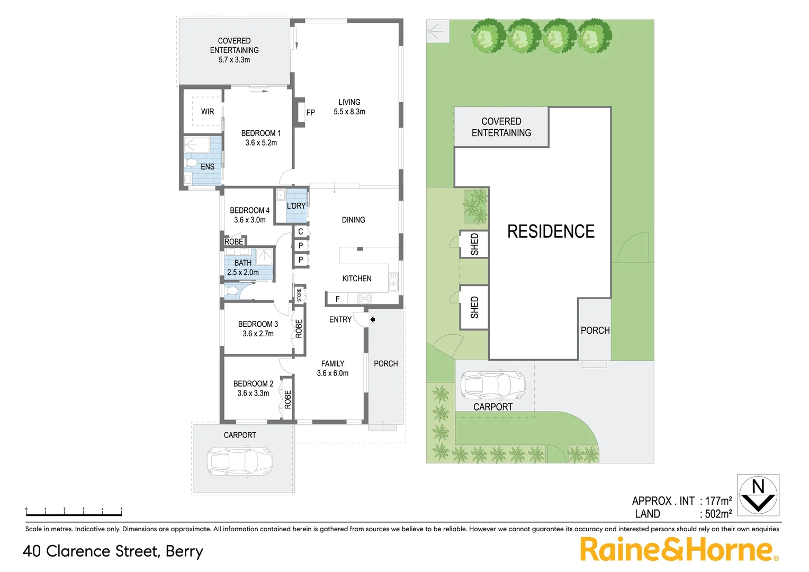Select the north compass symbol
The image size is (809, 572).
point(758,495)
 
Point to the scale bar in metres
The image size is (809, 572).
point(74,512)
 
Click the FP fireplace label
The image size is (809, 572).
point(310,112)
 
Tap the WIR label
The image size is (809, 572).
point(208,112)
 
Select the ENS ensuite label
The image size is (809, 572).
point(208,167)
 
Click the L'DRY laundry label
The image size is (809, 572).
point(296,206)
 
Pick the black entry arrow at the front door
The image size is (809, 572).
point(373,319)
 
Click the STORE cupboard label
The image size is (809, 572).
point(299,295)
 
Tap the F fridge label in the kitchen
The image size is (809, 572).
point(337,299)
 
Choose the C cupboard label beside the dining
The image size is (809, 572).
point(301,231)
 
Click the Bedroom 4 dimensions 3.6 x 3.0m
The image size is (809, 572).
point(250,220)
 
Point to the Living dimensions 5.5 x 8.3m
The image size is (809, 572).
point(349,112)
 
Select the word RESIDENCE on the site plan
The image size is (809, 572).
point(551,231)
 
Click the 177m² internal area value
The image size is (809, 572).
point(718,501)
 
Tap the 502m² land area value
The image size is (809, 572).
point(718,514)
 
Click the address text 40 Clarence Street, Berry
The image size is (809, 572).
point(113,551)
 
